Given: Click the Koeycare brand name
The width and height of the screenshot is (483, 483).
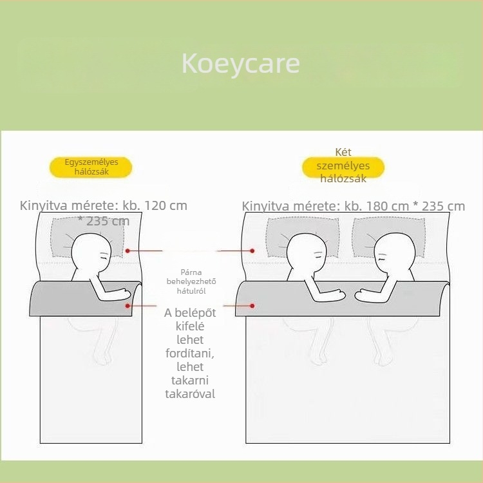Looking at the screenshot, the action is [241, 64].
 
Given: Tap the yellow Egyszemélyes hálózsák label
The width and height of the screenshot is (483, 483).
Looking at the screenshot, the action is [91, 167].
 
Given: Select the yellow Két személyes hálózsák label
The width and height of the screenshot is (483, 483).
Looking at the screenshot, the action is [343, 167].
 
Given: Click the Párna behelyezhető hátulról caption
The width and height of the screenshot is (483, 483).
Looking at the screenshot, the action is [191, 281].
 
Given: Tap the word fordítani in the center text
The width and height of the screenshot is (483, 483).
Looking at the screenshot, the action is [190, 354].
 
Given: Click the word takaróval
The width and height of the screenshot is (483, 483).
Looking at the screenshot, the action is [190, 394].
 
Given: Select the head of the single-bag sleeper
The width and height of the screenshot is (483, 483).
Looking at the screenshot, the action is [91, 251].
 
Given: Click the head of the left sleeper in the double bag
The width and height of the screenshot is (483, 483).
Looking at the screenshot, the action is [307, 251].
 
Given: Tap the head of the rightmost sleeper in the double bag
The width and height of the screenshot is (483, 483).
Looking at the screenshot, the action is [395, 251].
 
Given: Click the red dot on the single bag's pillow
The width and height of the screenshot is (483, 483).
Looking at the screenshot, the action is [128, 251].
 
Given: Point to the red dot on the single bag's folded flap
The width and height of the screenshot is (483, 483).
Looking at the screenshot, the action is [128, 305].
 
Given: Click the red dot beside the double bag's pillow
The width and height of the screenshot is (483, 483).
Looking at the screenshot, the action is [252, 251].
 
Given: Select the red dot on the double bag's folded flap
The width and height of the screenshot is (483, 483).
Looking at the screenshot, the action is [252, 305].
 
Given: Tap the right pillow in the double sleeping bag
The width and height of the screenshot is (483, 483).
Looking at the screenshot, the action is [389, 237].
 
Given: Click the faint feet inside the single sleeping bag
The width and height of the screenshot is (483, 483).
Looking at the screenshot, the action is [104, 358].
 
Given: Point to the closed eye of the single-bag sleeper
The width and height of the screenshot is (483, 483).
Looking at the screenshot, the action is [105, 255].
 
